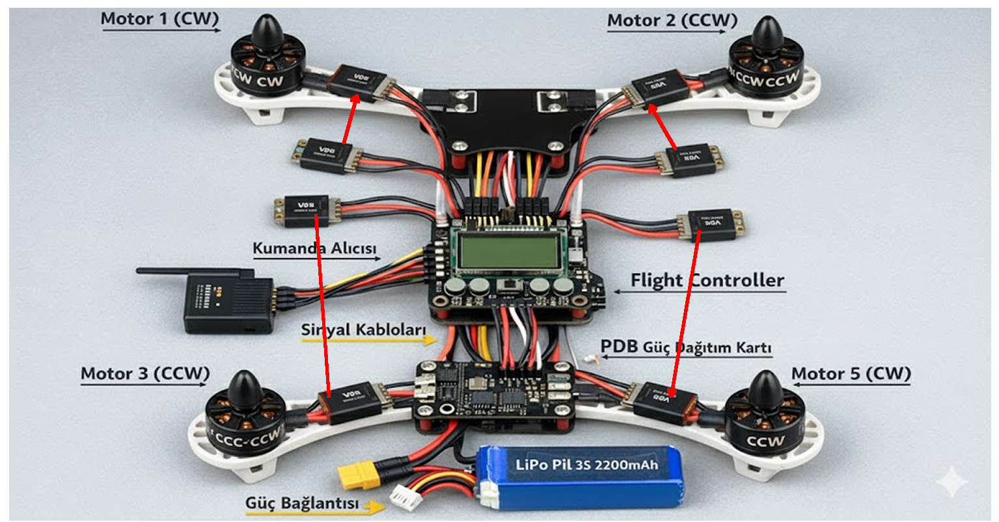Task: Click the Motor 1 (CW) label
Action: tap(159, 19)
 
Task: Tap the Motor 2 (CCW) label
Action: tap(672, 21)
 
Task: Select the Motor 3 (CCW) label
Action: tap(144, 374)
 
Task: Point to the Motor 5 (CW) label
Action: tap(851, 374)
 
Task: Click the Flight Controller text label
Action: tap(707, 281)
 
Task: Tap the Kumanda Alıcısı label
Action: tap(314, 248)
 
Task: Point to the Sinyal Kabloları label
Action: tap(363, 330)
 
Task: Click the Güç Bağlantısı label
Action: tap(301, 503)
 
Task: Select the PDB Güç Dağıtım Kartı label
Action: tap(685, 347)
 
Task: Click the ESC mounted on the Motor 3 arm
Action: tap(350, 404)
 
